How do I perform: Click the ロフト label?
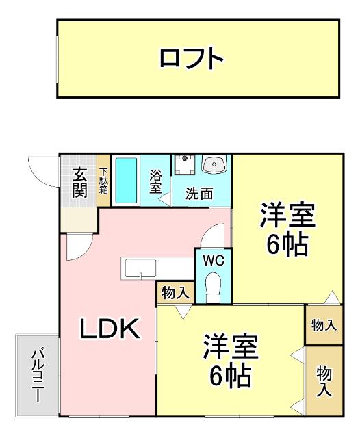[192, 59]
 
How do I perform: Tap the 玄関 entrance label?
[79, 182]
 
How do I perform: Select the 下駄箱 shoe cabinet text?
[103, 181]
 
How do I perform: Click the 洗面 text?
[199, 194]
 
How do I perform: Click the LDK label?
[110, 331]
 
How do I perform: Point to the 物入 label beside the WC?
[176, 293]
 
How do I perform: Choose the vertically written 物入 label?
[324, 382]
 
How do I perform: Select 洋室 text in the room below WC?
[230, 346]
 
